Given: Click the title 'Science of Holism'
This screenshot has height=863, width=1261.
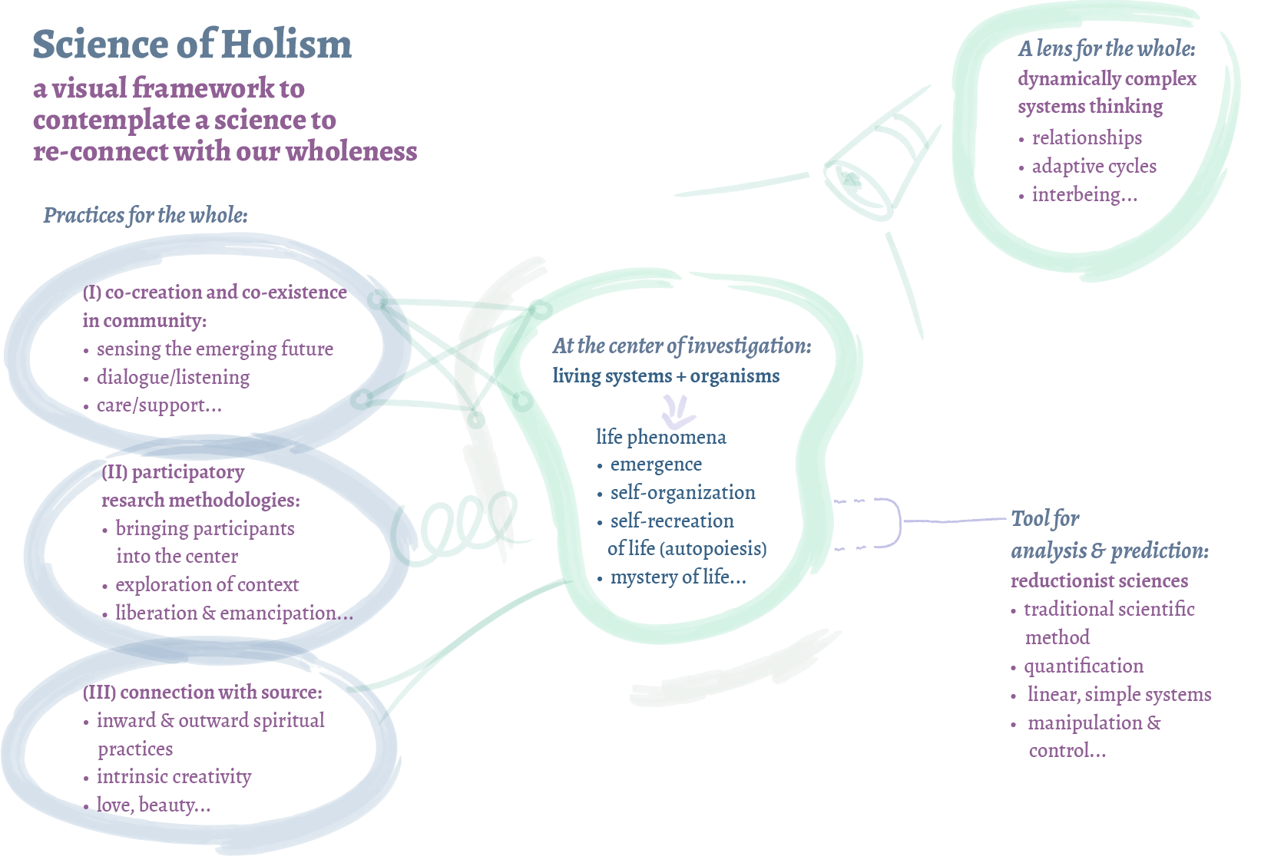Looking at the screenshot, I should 192,45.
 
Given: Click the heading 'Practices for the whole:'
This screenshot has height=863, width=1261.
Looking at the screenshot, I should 145,215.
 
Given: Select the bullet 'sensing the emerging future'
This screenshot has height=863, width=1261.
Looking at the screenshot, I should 214,349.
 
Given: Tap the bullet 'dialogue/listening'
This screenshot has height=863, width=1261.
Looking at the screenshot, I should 173,377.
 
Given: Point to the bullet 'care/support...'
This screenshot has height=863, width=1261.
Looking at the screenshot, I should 159,405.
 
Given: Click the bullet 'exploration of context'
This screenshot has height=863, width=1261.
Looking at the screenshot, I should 207,584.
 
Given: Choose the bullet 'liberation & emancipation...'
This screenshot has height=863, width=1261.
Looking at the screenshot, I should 234,613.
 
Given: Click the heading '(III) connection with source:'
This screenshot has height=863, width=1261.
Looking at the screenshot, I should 202,692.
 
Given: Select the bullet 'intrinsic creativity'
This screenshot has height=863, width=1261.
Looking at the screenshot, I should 174,776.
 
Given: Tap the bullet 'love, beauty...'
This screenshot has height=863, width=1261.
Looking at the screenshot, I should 153,805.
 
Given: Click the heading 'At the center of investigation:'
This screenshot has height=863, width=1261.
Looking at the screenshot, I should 681,346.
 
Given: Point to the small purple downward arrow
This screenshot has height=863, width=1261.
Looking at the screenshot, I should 678,412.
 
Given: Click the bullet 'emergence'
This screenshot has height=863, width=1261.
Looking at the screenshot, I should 656,465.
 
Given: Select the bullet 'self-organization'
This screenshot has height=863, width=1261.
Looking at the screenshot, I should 682,492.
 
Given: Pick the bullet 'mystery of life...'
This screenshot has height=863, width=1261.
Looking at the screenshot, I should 677,577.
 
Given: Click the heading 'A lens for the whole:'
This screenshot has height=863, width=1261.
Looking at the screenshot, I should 1106,49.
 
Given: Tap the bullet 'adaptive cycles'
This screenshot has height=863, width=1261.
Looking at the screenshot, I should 1094,166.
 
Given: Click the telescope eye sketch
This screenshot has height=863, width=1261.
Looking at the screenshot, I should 850,181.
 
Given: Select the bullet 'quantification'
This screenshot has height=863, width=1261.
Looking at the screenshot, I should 1083,666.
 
